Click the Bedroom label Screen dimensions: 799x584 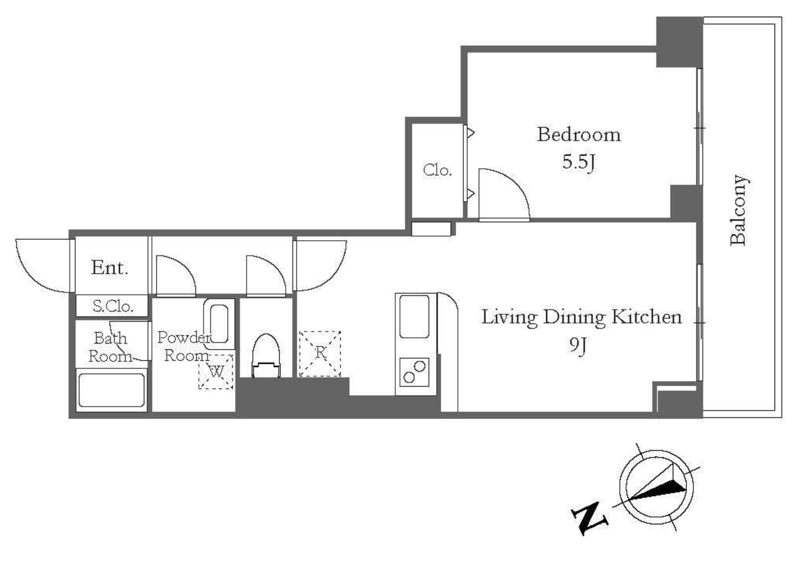pos(579,135)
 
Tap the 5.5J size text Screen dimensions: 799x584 pos(579,162)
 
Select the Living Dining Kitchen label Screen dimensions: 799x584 pos(582,317)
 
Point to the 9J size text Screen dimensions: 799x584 pos(578,346)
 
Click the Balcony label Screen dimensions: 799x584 pos(738,210)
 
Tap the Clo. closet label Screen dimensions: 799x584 pos(437,170)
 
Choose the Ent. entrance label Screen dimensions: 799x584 pos(109,268)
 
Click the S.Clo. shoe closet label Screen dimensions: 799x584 pos(113,306)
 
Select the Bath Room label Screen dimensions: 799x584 pos(110,347)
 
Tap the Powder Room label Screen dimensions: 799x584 pos(184,346)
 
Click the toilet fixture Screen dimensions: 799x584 pos(266,356)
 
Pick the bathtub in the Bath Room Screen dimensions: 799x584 pos(112,390)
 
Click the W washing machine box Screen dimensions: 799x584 pos(216,371)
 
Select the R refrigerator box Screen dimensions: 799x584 pos(320,354)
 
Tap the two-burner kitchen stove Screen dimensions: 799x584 pos(414,372)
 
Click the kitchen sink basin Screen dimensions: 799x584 pos(414,316)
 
